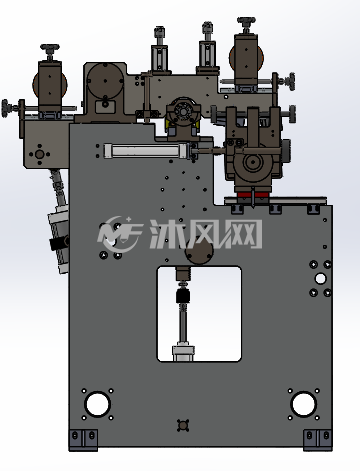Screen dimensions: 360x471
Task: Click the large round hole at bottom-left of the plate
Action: coord(98,404)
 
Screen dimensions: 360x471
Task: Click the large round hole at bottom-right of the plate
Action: coord(303,404)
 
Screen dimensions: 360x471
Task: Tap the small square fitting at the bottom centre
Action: coord(183,425)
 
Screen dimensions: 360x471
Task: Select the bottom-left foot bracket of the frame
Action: coord(83,440)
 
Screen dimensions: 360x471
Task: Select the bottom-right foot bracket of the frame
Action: coord(318,440)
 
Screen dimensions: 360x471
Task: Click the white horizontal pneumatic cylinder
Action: coord(146,151)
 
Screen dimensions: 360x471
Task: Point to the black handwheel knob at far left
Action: coord(6,108)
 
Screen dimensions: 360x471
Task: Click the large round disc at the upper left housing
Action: coord(105,81)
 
